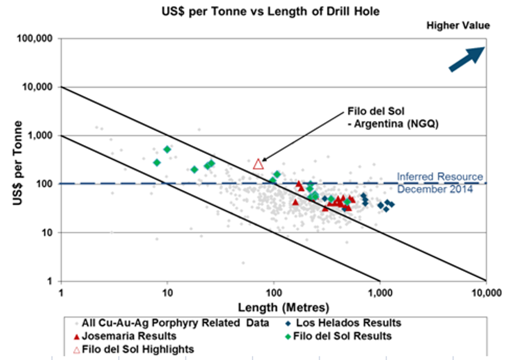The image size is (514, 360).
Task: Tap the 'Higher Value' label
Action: [x=458, y=25]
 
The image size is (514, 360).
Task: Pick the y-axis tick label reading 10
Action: [x=50, y=233]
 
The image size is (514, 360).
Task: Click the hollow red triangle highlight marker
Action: [x=258, y=164]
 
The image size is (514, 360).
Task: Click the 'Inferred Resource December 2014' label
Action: [x=440, y=182]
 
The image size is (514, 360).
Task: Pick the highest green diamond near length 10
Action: [x=167, y=149]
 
